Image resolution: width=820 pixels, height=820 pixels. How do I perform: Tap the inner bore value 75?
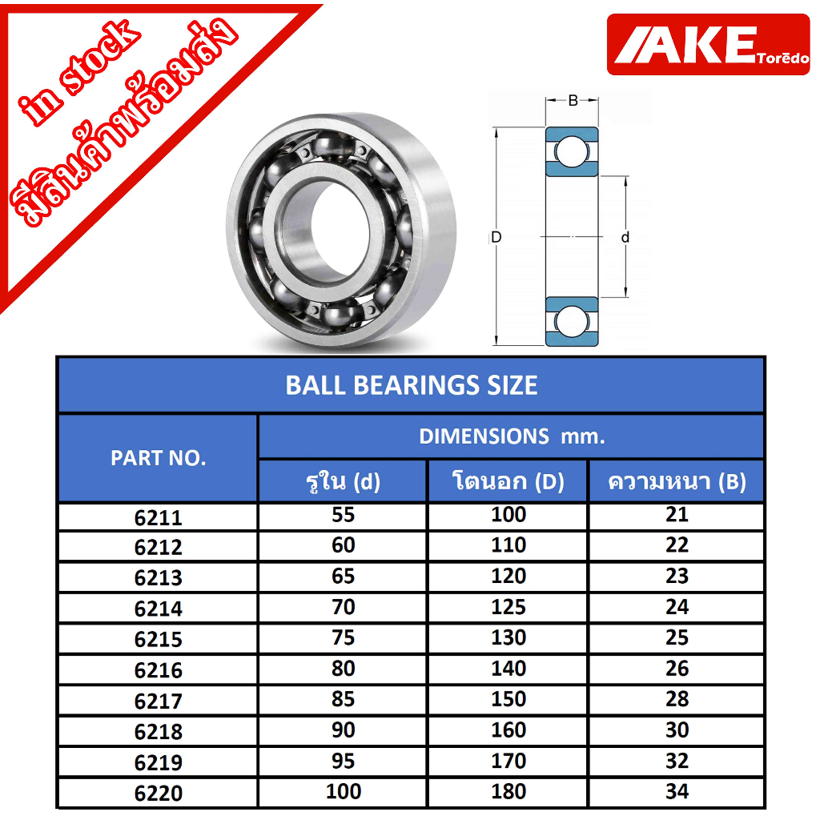[x=343, y=637]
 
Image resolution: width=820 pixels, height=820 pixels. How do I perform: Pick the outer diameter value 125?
[x=508, y=607]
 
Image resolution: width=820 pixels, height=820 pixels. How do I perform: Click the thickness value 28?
[x=677, y=698]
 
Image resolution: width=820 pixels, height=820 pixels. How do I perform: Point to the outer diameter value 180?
[x=508, y=791]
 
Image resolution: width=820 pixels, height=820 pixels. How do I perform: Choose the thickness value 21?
[x=677, y=515]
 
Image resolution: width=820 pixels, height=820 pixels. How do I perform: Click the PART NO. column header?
[x=158, y=458]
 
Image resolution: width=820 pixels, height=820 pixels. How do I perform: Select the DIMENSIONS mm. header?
[x=512, y=436]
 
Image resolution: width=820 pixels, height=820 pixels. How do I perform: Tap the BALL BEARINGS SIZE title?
[x=411, y=385]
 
